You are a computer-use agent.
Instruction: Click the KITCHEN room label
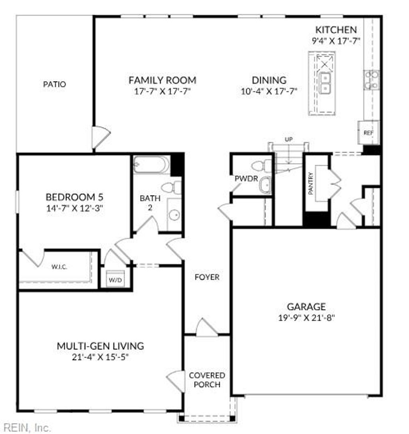336,30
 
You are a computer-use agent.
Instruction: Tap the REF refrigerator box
368,132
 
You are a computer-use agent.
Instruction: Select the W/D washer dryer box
115,279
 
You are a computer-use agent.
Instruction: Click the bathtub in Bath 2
151,164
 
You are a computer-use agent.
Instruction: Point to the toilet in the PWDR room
262,165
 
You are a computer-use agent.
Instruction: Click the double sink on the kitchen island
325,82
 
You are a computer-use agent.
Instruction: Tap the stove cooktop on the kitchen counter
371,79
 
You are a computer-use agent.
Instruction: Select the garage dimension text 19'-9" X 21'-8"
306,318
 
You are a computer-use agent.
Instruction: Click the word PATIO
54,84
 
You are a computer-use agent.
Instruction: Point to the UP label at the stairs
288,139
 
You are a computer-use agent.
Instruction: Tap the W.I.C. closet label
59,267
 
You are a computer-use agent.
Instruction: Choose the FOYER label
207,277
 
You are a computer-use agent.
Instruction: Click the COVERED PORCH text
207,380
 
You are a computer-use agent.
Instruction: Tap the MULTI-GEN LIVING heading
100,346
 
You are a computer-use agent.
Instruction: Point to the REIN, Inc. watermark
26,428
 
